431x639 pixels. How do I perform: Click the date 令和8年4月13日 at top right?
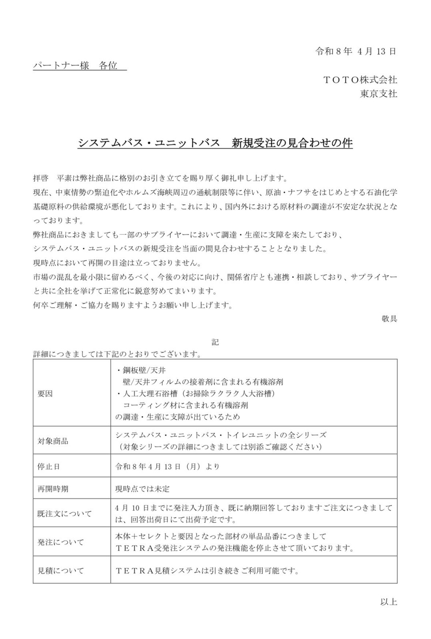click(355, 52)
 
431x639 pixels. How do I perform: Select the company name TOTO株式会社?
click(359, 80)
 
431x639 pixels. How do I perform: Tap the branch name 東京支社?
click(378, 94)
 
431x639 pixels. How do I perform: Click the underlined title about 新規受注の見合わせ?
click(215, 143)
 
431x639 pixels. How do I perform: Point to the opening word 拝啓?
click(41, 178)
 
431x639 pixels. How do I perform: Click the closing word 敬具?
click(389, 319)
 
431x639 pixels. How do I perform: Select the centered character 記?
click(215, 342)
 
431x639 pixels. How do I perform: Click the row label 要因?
click(45, 394)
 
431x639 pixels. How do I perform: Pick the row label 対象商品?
click(53, 441)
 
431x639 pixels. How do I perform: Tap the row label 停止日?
click(49, 466)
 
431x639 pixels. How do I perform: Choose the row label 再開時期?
click(53, 489)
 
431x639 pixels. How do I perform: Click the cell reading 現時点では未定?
click(142, 489)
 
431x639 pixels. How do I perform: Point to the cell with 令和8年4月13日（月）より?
click(167, 466)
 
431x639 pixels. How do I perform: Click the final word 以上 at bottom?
click(389, 602)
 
